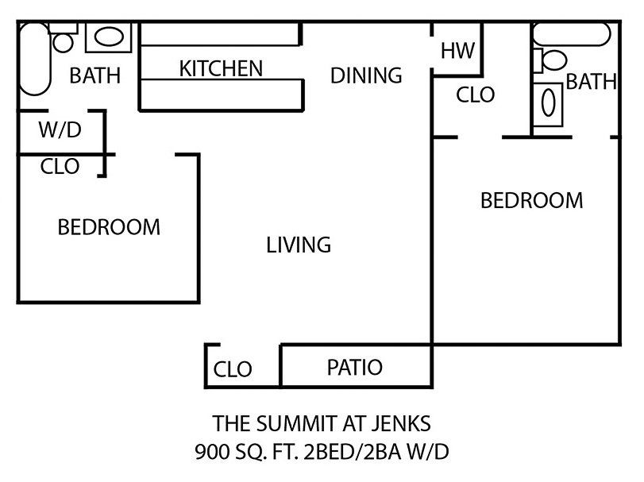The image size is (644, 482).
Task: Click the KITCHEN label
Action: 221,68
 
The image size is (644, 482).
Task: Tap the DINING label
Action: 366,75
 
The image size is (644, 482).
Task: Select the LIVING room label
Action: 299,245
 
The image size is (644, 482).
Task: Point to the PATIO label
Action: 354,368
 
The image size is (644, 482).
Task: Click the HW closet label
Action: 457,51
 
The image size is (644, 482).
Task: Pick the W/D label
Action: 60,130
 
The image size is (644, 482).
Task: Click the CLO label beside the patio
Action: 233,369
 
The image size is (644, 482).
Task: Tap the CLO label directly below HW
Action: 476,95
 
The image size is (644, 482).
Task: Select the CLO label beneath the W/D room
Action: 60,167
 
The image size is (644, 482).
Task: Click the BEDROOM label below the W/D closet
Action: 109,227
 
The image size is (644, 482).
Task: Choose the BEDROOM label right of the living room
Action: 531,200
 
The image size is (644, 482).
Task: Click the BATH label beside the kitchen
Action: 95,76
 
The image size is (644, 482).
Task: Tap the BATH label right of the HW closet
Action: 592,81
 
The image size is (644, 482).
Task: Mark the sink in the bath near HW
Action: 548,104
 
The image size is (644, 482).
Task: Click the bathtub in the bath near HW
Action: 572,34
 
